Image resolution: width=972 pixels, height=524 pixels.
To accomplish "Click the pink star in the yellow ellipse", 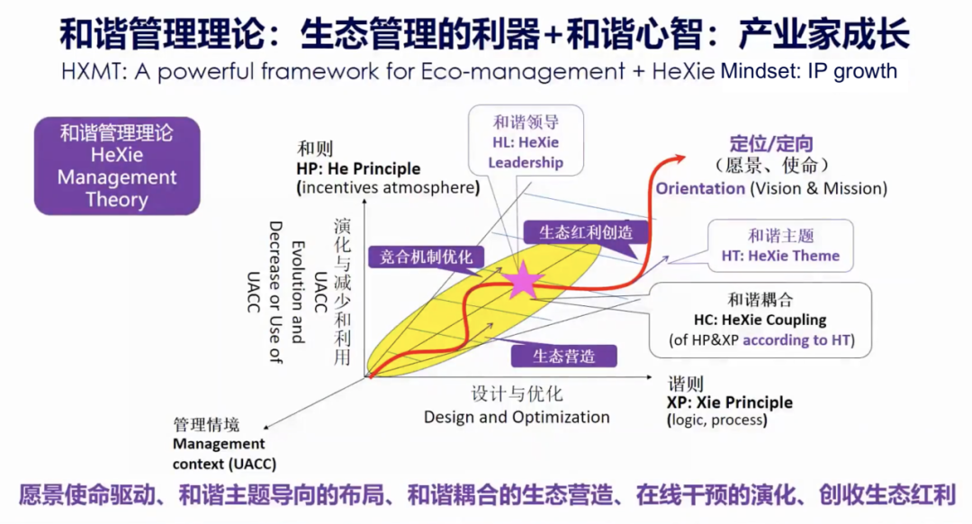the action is click(x=523, y=281).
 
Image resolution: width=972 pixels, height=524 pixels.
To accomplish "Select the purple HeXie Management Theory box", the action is click(x=117, y=167).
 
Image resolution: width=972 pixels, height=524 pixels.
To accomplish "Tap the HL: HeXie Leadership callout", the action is click(x=526, y=141).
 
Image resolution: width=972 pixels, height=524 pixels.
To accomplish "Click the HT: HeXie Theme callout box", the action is click(x=780, y=246).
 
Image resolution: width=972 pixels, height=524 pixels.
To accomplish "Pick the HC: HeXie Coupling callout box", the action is click(x=760, y=320).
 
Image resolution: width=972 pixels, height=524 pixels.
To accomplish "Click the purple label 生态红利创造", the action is click(x=586, y=232).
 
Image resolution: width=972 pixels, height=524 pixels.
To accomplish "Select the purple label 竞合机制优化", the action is click(x=426, y=257).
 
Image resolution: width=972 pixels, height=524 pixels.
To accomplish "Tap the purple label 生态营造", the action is click(x=564, y=356).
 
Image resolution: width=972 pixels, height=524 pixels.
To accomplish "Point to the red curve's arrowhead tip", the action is click(x=685, y=158).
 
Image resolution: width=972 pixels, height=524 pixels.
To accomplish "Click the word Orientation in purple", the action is click(x=700, y=188).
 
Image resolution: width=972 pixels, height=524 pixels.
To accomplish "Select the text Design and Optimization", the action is click(x=517, y=417).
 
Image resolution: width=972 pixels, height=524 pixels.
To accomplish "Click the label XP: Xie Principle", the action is click(x=730, y=402).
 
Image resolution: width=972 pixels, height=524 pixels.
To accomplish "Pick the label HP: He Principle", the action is click(x=358, y=168).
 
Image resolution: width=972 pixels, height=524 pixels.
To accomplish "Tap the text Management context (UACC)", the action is click(x=224, y=453).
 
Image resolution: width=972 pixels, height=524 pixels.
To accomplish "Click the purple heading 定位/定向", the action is click(x=770, y=144).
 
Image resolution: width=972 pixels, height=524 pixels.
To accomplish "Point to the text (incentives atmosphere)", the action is click(x=388, y=187).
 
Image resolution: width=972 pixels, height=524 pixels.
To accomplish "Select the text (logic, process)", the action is click(x=717, y=420).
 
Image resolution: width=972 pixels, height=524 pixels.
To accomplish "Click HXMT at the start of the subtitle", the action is click(x=93, y=71).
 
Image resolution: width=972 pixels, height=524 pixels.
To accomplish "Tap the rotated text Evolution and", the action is click(x=298, y=292).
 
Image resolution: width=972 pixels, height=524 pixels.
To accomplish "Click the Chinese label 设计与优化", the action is click(x=517, y=393).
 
